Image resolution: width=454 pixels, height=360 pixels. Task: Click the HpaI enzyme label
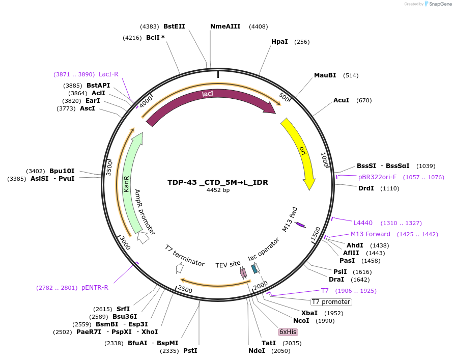point(279,42)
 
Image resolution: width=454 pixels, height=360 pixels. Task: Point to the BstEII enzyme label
point(174,26)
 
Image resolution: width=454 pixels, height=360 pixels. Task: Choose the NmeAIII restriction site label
point(225,26)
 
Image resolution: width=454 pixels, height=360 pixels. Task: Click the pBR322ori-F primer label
point(377,177)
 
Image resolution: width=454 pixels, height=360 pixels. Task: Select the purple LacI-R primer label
point(108,74)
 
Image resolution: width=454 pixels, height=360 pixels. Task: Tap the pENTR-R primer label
point(95,288)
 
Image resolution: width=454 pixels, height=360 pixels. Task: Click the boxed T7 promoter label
point(331,302)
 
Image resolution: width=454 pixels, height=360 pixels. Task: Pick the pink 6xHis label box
point(288,332)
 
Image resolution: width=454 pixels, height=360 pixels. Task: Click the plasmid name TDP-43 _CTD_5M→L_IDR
point(218,182)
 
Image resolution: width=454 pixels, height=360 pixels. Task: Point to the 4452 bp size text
point(218,190)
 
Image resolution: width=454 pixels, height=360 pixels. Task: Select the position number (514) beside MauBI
point(351,75)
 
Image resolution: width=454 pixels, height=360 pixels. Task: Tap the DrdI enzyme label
point(366,188)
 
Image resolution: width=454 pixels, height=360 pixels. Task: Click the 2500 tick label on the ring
point(185,289)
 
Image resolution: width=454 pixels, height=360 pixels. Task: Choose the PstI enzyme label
point(190,351)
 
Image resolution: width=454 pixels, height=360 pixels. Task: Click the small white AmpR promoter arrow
point(143,237)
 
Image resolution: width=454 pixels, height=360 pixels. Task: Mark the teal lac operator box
point(254,268)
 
